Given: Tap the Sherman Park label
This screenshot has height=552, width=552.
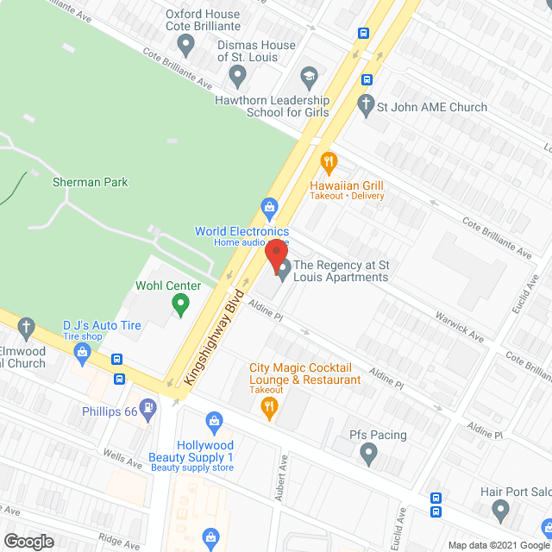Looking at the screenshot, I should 90,182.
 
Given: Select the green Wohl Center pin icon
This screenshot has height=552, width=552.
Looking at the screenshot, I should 180,303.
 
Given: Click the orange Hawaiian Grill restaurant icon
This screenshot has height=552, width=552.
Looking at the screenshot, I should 328,161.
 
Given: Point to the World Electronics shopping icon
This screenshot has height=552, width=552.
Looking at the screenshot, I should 269,208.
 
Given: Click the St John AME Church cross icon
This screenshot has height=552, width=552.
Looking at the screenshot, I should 366,108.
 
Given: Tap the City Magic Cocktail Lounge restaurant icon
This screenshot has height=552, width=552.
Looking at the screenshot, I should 269,406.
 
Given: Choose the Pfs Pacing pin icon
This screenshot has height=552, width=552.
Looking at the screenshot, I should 368,451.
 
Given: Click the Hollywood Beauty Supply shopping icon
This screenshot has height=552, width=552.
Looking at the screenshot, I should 214,422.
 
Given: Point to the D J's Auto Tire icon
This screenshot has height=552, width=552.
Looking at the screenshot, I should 83,351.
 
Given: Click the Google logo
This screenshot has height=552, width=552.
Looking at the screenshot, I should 28,541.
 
